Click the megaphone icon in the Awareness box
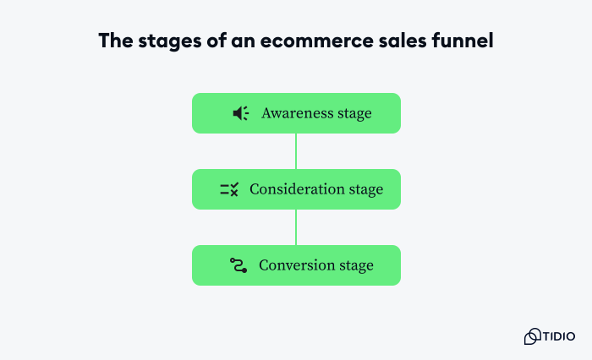point(240,113)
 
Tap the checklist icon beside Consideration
point(229,189)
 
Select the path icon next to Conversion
point(238,265)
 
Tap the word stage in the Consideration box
point(366,189)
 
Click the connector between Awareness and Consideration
point(296,151)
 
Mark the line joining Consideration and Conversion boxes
point(296,227)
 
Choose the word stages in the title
point(164,41)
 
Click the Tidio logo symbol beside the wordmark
point(532,336)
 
